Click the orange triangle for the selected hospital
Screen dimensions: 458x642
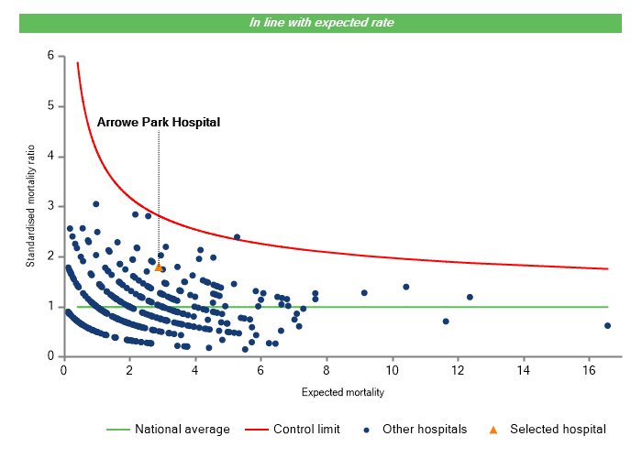click(158, 267)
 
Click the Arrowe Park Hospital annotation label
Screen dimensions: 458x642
click(159, 121)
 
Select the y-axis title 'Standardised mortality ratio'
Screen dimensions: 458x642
click(30, 205)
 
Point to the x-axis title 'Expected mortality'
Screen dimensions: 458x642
click(342, 392)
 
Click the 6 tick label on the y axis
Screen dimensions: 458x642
click(50, 56)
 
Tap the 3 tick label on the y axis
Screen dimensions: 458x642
click(50, 206)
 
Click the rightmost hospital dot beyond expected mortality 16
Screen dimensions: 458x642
click(607, 325)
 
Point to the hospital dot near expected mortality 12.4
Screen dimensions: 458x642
click(470, 297)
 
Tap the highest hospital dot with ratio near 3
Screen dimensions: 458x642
click(95, 204)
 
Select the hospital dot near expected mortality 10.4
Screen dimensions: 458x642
click(405, 287)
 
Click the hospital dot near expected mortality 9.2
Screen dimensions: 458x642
click(364, 293)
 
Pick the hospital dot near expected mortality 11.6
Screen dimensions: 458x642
click(446, 322)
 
